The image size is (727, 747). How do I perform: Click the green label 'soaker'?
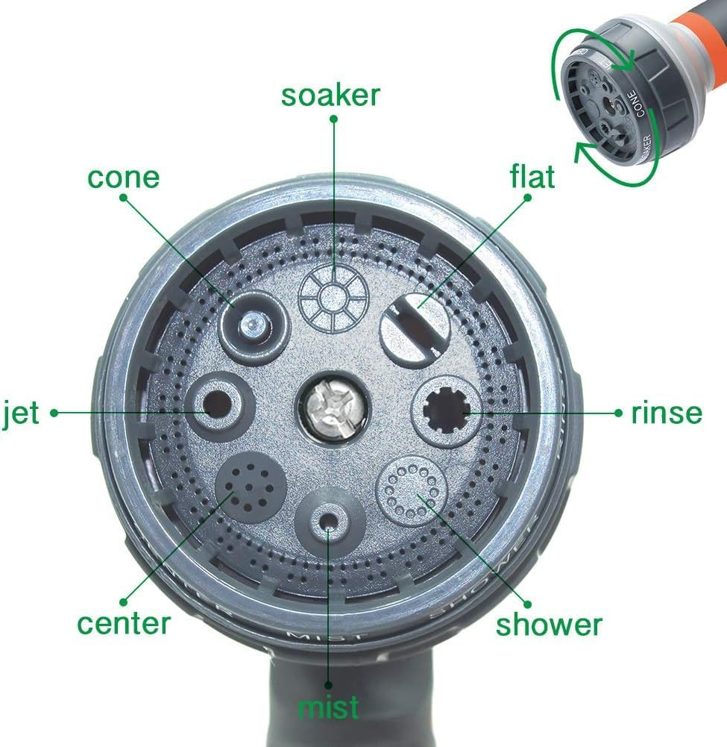(x=330, y=96)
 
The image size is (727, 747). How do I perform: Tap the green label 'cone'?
(x=123, y=178)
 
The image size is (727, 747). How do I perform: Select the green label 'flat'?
(x=532, y=177)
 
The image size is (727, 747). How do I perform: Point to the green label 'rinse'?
(x=666, y=412)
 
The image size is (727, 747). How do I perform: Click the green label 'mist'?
(x=328, y=707)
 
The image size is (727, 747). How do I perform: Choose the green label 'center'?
(x=124, y=623)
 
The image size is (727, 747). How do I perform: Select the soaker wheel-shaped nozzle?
(x=333, y=296)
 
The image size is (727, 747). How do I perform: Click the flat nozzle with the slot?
(x=415, y=327)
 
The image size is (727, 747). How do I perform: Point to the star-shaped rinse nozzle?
(x=446, y=411)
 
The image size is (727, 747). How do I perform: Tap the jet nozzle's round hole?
(x=218, y=405)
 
